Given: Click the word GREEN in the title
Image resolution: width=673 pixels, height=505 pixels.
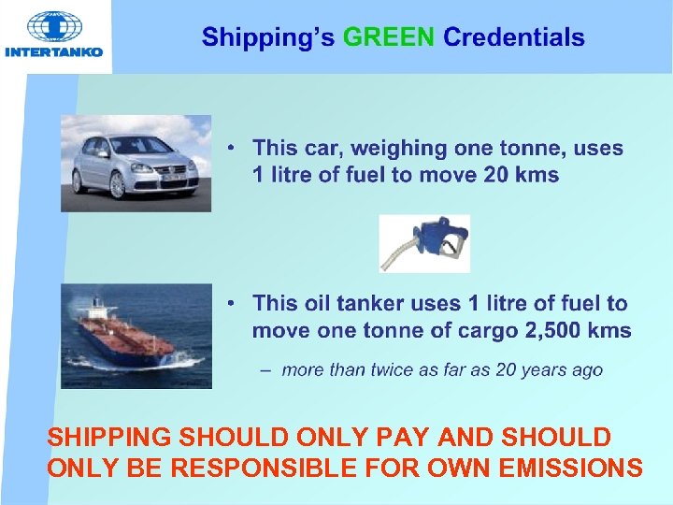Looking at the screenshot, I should point(388,38).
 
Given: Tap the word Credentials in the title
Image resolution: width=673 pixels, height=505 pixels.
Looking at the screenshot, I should point(513,38).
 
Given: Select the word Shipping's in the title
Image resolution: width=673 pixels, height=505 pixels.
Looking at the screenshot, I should point(268,38).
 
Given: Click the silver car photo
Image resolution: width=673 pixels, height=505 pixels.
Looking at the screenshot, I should point(136,163).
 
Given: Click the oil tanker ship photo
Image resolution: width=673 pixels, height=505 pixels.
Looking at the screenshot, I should point(136,336).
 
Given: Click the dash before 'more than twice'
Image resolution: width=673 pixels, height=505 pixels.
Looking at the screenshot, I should point(265,370).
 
